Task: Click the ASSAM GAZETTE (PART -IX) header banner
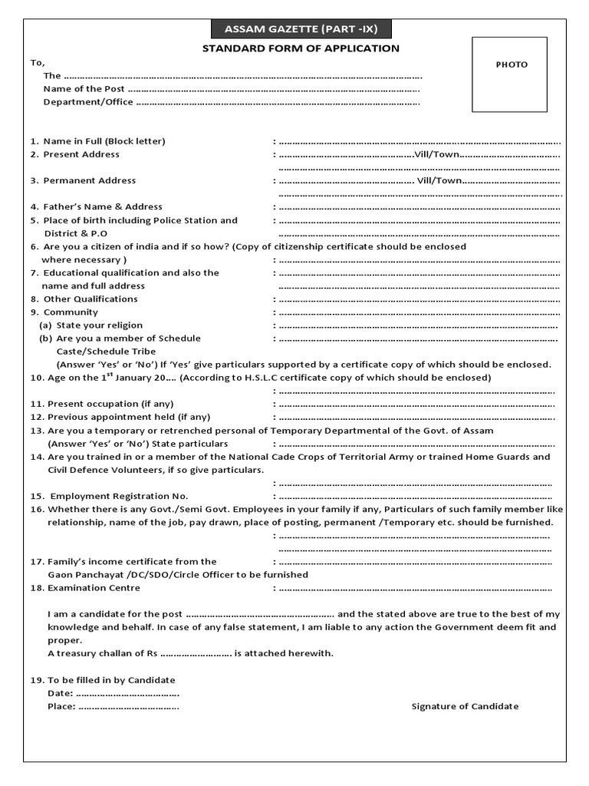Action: (x=301, y=30)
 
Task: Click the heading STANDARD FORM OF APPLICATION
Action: (x=301, y=48)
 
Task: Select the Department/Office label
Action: (x=88, y=102)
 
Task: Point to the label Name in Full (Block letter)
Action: (x=104, y=141)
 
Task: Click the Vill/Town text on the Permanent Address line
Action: (x=439, y=180)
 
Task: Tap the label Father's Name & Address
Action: (x=103, y=206)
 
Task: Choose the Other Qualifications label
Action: (x=90, y=299)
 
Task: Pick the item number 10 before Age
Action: (x=36, y=378)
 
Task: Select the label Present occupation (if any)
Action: (x=110, y=404)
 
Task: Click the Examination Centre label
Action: (x=94, y=588)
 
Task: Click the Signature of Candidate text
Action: (x=465, y=706)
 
